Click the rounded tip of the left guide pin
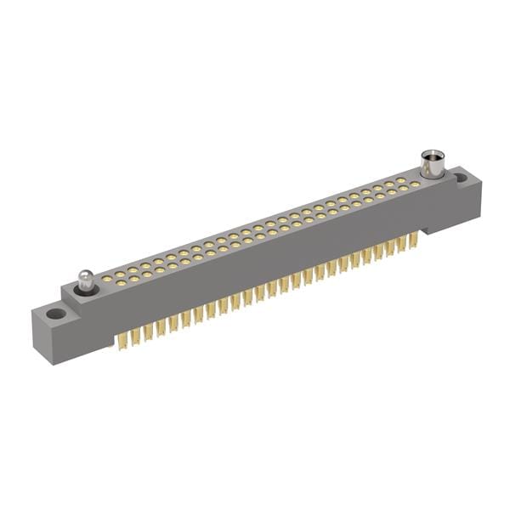[x=85, y=275]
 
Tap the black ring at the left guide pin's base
[x=86, y=291]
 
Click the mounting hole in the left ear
[x=55, y=314]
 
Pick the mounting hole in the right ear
[x=460, y=178]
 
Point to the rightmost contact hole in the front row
[x=414, y=184]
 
